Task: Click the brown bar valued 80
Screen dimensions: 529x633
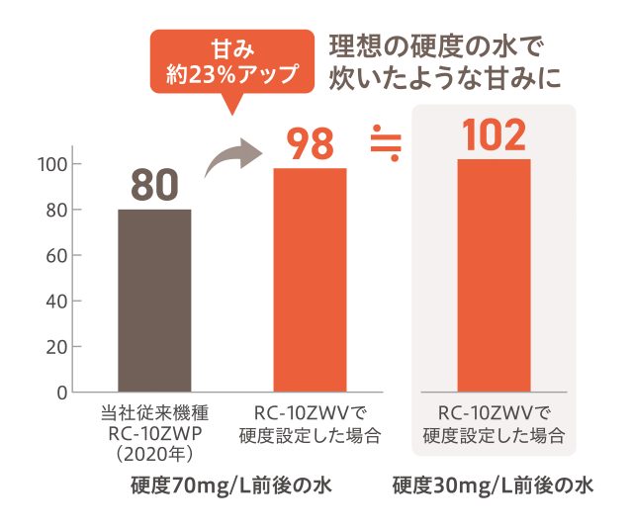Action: (154, 301)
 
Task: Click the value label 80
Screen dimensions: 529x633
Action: (154, 185)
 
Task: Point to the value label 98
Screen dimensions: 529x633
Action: (310, 144)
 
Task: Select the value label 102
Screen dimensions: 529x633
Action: (494, 135)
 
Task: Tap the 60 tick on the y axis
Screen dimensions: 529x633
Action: (57, 255)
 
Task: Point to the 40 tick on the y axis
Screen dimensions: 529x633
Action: (57, 301)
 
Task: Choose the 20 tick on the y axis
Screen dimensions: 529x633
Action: (57, 347)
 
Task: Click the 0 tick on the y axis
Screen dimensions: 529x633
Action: (61, 393)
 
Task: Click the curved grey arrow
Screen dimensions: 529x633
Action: (232, 158)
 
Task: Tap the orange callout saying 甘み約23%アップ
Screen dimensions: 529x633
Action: (233, 61)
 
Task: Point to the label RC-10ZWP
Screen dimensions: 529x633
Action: (154, 434)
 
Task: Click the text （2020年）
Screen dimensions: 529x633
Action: (154, 454)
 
